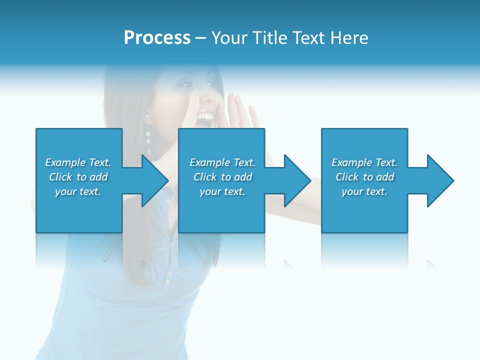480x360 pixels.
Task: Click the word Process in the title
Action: click(x=157, y=38)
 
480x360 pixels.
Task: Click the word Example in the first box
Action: click(x=65, y=162)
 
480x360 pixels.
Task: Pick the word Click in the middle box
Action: click(x=204, y=177)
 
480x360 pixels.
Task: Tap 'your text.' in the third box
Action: click(x=364, y=191)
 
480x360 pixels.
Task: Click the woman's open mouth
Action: click(x=205, y=118)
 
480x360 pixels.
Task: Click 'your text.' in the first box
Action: click(x=77, y=191)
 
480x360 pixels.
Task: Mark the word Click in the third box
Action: click(x=346, y=177)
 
